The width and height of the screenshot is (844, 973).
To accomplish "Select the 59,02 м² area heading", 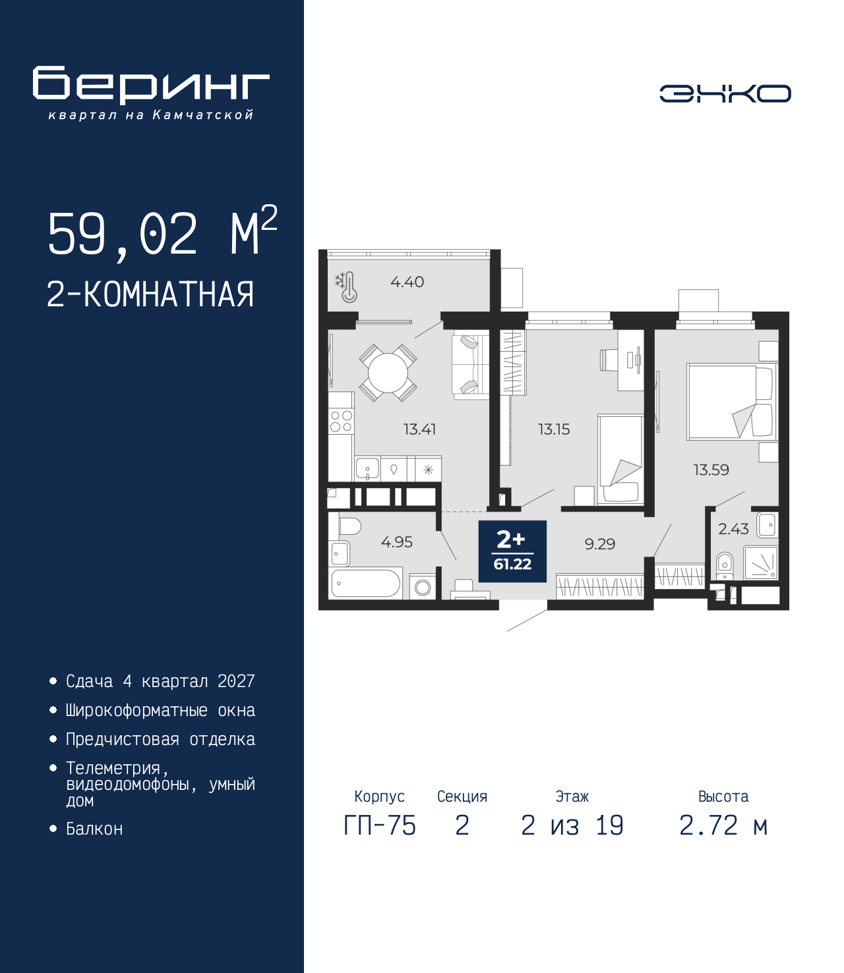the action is coord(163,232).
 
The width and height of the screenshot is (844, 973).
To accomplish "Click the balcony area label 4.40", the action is coord(407,282).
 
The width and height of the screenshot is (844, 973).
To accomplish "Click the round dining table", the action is coord(388,373).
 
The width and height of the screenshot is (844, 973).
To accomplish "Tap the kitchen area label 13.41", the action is coord(419,430).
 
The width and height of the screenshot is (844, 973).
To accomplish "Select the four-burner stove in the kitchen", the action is coord(341,421).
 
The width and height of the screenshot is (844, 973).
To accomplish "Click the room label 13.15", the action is coord(554,430).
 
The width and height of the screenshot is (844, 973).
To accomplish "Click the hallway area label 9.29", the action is coord(600,544).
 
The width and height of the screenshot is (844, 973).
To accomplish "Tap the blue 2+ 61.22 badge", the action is coord(512,551).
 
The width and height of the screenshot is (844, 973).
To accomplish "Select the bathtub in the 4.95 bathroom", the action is coord(366,583).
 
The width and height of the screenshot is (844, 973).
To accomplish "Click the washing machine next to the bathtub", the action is coord(423,586).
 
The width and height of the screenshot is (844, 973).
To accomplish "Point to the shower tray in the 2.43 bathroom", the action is coord(761,563).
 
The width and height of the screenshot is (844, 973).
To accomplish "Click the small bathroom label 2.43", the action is coord(733,529).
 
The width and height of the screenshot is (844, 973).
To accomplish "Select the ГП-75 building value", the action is coord(380,825).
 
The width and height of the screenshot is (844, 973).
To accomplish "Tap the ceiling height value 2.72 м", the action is coord(723,825).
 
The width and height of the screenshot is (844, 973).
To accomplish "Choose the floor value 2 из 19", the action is coord(572,825).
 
